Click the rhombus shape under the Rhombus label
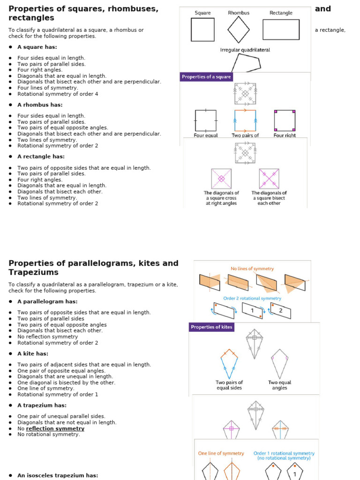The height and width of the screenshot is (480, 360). pyautogui.click(x=239, y=30)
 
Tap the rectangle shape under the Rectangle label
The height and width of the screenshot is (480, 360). pyautogui.click(x=281, y=30)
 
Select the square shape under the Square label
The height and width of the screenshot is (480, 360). pyautogui.click(x=202, y=30)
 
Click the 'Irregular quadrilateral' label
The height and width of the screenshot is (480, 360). pyautogui.click(x=245, y=50)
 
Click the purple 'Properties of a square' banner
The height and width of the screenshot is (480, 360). pyautogui.click(x=206, y=77)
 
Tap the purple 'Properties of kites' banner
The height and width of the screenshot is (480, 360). pyautogui.click(x=211, y=327)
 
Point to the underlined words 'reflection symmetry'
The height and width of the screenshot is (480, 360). pyautogui.click(x=55, y=428)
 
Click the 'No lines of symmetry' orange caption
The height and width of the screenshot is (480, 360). pyautogui.click(x=252, y=269)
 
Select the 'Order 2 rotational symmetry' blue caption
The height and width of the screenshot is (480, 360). pyautogui.click(x=252, y=298)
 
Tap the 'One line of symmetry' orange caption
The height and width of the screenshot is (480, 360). pyautogui.click(x=221, y=453)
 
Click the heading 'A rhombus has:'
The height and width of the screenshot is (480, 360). pyautogui.click(x=40, y=105)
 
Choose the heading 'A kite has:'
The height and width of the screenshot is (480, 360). pyautogui.click(x=33, y=354)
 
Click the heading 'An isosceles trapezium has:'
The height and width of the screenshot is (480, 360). pyautogui.click(x=58, y=475)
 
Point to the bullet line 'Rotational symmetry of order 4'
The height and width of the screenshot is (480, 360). pyautogui.click(x=58, y=94)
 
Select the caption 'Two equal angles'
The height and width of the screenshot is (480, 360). pyautogui.click(x=279, y=385)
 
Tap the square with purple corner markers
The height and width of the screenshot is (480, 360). pyautogui.click(x=285, y=120)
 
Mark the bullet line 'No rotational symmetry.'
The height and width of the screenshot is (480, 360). pyautogui.click(x=49, y=435)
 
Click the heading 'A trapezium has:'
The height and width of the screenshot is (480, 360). pyautogui.click(x=42, y=405)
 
